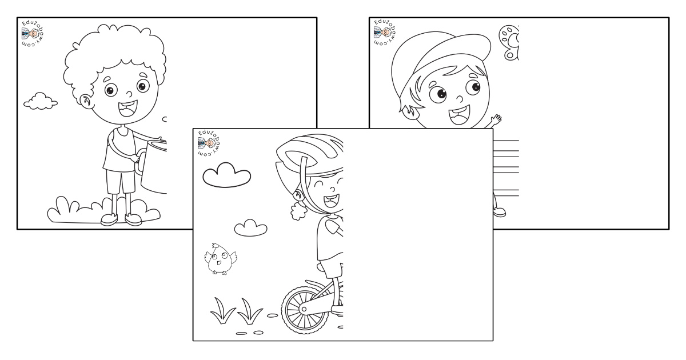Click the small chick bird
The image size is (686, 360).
(221, 259)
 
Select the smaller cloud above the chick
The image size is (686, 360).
(250, 228)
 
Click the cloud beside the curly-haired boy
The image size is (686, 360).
(41, 101)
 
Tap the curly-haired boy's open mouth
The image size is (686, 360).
(128, 109)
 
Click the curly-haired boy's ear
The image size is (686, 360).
(85, 101)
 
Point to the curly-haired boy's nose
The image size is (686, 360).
(129, 93)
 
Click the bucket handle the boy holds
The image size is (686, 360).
(140, 162)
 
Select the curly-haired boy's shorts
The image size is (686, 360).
(121, 182)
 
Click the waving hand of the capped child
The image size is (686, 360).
(496, 119)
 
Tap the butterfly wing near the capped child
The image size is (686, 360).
(509, 42)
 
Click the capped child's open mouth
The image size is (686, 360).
(459, 115)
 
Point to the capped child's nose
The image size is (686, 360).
(460, 99)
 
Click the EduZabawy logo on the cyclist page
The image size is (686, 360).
(209, 143)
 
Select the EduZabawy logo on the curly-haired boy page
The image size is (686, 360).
(33, 34)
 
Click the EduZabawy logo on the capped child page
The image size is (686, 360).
(385, 33)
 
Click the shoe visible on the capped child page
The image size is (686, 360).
(500, 212)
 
